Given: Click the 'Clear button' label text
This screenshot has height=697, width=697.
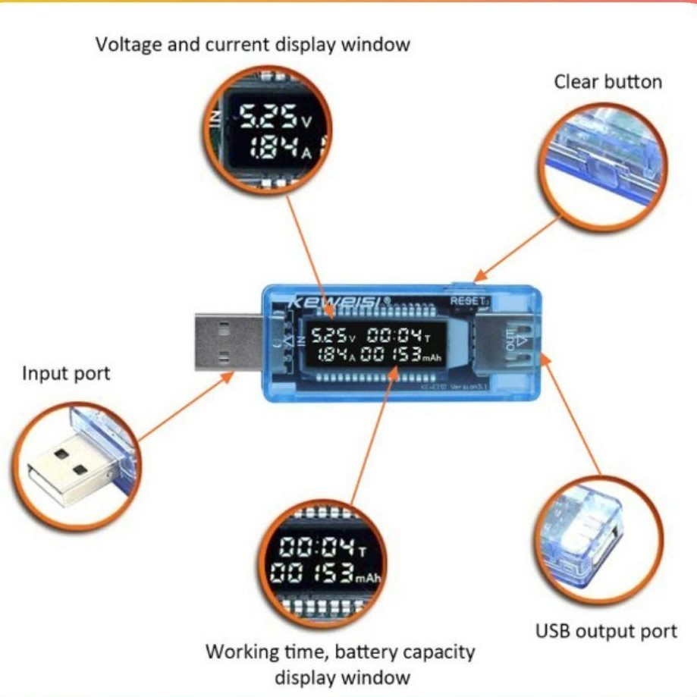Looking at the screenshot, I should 608,82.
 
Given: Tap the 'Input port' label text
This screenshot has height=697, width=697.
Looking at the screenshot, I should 66,373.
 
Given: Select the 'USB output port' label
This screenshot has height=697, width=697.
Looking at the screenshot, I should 606,631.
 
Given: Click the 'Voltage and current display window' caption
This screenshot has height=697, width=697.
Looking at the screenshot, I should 253,44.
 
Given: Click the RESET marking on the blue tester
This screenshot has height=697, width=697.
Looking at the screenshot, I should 466,300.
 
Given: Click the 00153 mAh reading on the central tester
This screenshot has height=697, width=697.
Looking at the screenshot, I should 400,355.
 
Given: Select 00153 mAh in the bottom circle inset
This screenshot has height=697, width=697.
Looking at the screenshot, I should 322,574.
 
